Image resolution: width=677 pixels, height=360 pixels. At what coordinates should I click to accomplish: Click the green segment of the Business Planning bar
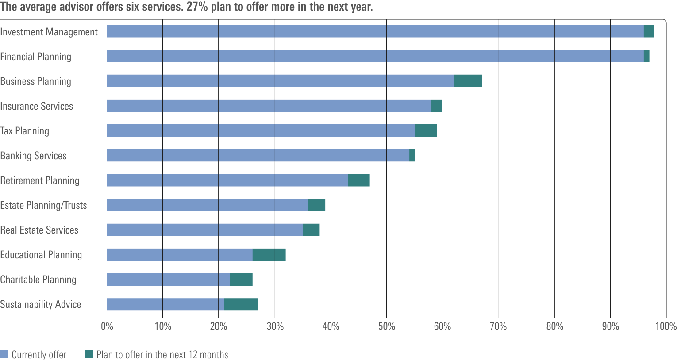pos(468,81)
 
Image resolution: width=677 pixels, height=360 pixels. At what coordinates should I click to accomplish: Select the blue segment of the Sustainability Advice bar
pos(165,304)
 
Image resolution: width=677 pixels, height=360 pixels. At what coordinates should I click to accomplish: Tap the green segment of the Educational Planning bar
pos(269,255)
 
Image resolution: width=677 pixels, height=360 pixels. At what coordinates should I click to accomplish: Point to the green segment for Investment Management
pos(649,31)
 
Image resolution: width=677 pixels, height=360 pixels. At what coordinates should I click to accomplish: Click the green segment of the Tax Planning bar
pos(426,131)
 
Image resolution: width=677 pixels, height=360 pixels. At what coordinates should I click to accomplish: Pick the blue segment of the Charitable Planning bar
pos(168,280)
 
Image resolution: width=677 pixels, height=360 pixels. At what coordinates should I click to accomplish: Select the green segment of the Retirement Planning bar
pos(358,180)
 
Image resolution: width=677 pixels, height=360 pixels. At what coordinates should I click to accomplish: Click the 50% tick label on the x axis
pos(386,327)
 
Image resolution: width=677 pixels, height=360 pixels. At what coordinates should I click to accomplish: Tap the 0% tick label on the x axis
pos(107,327)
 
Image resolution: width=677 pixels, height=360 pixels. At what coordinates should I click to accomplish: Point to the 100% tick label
pos(665,327)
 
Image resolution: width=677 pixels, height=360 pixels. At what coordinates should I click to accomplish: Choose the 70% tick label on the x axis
pos(498,327)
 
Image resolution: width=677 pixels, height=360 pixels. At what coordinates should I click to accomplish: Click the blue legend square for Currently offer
pos(4,354)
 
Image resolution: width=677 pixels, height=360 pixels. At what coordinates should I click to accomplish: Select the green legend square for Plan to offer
pos(89,354)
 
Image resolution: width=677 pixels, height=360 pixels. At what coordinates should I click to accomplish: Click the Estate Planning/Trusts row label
pos(43,205)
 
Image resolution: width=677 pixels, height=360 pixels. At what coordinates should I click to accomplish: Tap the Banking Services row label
pos(33,156)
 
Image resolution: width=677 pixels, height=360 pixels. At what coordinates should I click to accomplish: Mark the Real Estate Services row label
pos(39,230)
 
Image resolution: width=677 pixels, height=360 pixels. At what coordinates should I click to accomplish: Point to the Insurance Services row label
pos(36,106)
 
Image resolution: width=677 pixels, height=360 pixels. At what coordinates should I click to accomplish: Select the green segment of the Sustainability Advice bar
pos(241,304)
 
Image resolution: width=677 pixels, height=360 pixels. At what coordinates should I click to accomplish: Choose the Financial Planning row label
pos(35,57)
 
